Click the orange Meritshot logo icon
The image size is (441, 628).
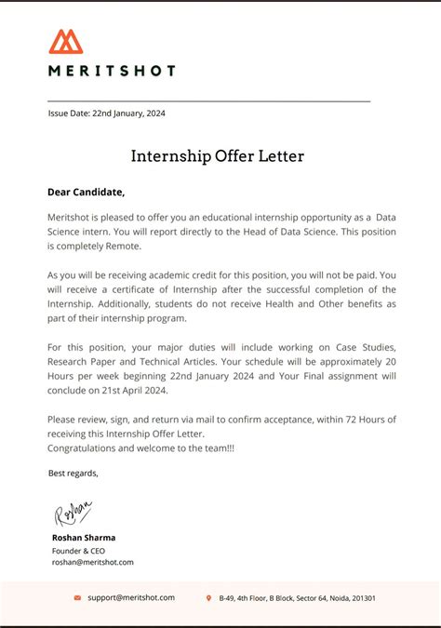(66, 42)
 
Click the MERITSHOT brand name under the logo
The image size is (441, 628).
(112, 70)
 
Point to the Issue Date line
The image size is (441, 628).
(107, 114)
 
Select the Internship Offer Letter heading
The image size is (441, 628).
(218, 156)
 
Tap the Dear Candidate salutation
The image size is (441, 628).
(86, 193)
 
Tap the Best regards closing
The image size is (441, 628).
(73, 474)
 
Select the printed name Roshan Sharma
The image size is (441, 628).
(84, 538)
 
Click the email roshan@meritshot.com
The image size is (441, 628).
(93, 562)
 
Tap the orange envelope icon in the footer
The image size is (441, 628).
(77, 598)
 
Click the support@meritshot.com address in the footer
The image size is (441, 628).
(131, 598)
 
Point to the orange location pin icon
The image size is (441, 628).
(208, 598)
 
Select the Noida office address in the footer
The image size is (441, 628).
(297, 598)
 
